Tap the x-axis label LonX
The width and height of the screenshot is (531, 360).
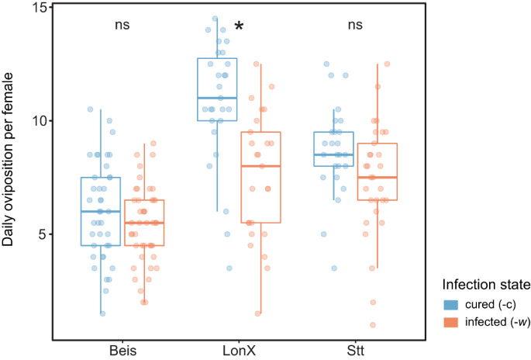point(238,351)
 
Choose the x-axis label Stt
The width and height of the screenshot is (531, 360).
point(355,351)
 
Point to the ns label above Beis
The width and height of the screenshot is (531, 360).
point(122,25)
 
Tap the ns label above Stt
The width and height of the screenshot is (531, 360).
point(355,25)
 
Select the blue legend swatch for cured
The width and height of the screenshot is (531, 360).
point(450,303)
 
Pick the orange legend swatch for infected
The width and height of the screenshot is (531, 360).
point(450,321)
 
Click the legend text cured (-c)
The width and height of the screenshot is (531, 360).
point(488,303)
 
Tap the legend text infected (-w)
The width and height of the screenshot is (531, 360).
point(494,321)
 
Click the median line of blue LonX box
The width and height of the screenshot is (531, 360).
point(217,98)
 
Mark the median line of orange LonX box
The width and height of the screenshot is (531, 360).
point(260,166)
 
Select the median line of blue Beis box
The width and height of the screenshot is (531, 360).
point(101,211)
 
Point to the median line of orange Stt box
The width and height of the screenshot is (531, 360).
point(377,178)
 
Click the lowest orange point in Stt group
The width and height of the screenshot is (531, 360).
point(373,324)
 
